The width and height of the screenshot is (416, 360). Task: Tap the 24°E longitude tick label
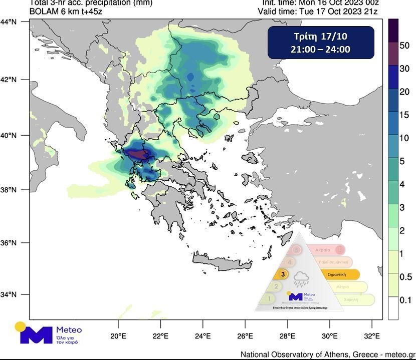202,336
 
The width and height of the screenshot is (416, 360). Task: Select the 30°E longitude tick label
329,336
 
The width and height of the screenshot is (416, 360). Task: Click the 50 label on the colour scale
404,46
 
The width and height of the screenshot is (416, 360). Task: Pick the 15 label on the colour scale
404,115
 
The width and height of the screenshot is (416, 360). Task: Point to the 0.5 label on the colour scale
405,277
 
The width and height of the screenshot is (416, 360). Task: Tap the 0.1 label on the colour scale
405,300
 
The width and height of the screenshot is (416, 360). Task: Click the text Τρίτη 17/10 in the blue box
320,37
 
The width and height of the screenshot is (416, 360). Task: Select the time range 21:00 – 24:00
320,50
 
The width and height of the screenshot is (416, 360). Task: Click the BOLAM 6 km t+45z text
66,11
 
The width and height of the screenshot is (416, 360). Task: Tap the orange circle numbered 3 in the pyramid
283,274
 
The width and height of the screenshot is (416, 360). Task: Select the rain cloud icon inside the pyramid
302,279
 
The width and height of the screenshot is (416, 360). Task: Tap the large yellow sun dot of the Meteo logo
21,327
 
